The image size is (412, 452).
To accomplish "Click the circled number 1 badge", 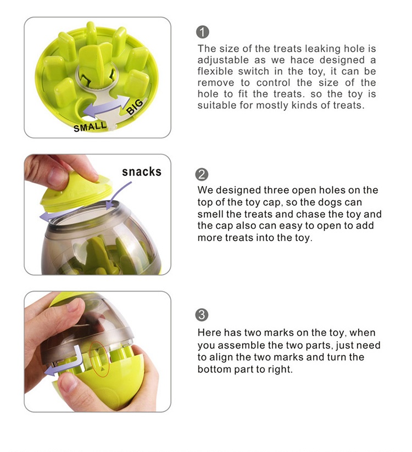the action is click(202, 32).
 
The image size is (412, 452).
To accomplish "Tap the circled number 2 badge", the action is click(202, 175).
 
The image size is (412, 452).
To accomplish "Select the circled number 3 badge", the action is click(202, 315).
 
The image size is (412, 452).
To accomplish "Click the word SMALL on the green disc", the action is click(90, 126).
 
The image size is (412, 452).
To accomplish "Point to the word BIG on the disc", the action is click(135, 107).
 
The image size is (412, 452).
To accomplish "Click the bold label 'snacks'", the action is click(142, 171).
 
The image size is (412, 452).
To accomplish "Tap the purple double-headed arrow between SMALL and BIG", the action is click(107, 107).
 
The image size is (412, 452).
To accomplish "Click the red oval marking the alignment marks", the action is click(99, 359).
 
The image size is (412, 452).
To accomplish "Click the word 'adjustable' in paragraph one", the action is click(223, 60).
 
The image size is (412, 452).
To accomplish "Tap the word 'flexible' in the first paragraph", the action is click(215, 71).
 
